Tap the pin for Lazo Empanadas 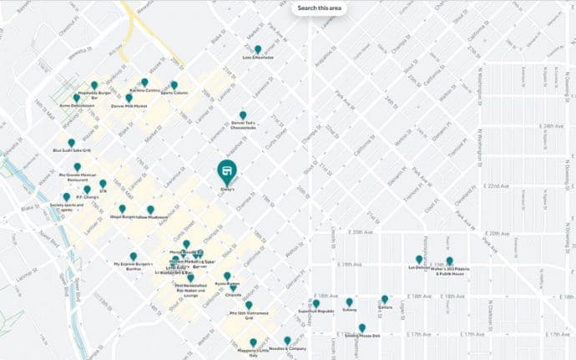(x=259, y=49)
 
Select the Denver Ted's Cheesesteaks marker (x=243, y=115)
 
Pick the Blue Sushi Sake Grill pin (x=71, y=143)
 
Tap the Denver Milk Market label (x=129, y=107)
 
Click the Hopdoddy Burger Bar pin (x=94, y=85)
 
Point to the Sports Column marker (x=174, y=84)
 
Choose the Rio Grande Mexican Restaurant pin (x=77, y=167)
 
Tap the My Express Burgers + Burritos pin (x=134, y=256)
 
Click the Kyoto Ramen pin (x=227, y=276)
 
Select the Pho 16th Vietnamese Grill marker (x=248, y=305)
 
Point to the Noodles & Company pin (x=287, y=340)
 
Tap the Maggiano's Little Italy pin (x=253, y=342)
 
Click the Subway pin (x=349, y=302)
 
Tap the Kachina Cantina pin (x=144, y=82)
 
